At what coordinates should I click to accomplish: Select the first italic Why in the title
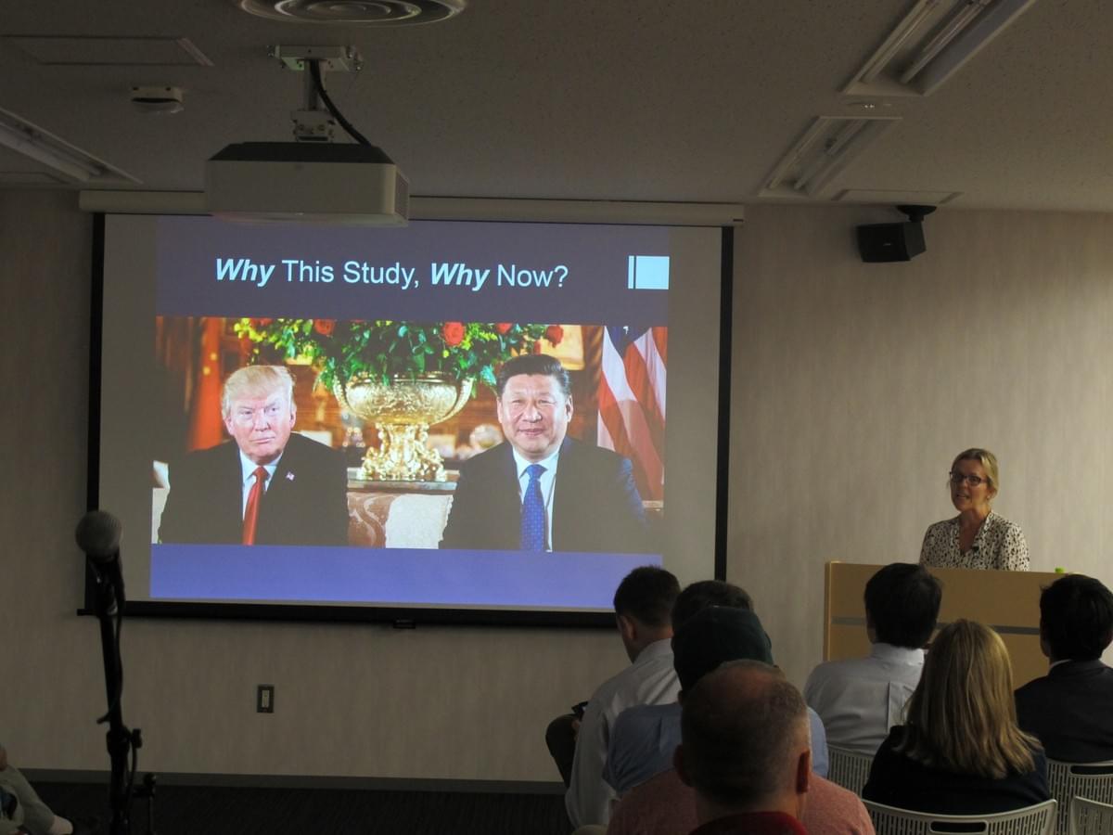pos(245,271)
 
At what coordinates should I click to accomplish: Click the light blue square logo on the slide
pos(648,272)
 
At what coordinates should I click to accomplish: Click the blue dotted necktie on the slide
pos(533,507)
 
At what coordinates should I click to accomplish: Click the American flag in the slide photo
pos(633,405)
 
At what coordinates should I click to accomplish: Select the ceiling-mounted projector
pos(307,183)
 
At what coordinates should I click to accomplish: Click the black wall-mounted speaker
pos(891,239)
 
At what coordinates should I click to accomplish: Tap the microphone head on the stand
pos(99,535)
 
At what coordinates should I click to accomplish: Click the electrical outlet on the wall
pos(265,699)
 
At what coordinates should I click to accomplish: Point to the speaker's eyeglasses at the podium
pos(967,479)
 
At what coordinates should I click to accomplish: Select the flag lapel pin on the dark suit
pos(290,476)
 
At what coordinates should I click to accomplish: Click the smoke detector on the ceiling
pos(157,99)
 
